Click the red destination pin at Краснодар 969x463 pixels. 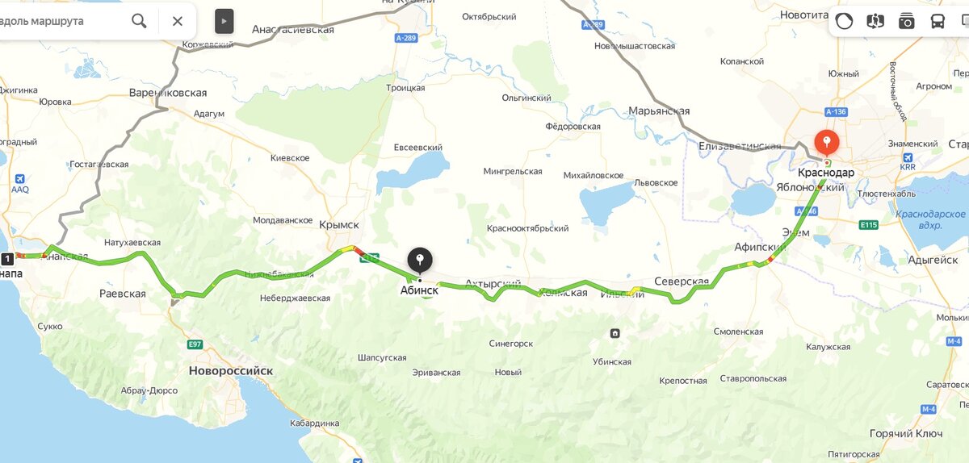[826, 142]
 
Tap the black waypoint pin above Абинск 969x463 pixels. [420, 260]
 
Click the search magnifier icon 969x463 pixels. [139, 21]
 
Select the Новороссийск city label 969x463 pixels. [231, 371]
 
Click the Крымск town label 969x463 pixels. [339, 225]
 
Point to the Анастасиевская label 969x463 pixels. [293, 29]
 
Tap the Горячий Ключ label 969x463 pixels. [906, 433]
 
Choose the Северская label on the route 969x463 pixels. [682, 282]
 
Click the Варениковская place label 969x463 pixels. [168, 93]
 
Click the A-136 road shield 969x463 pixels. [835, 112]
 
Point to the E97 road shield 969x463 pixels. [195, 344]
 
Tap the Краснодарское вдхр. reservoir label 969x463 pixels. [930, 219]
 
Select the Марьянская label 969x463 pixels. [659, 111]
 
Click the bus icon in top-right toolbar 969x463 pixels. [938, 22]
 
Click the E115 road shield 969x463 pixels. [869, 225]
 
